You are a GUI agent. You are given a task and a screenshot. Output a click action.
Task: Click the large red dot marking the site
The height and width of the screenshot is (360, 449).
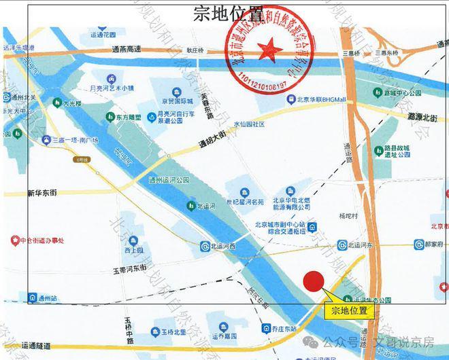click(313, 281)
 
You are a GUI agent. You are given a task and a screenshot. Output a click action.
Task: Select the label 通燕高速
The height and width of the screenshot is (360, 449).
click(127, 50)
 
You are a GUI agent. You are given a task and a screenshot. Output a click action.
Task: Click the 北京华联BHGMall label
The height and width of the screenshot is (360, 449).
click(320, 100)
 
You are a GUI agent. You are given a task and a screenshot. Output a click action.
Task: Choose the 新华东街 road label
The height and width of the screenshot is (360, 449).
click(42, 193)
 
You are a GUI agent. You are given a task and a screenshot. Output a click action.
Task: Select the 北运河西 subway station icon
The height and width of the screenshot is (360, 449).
click(205, 246)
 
